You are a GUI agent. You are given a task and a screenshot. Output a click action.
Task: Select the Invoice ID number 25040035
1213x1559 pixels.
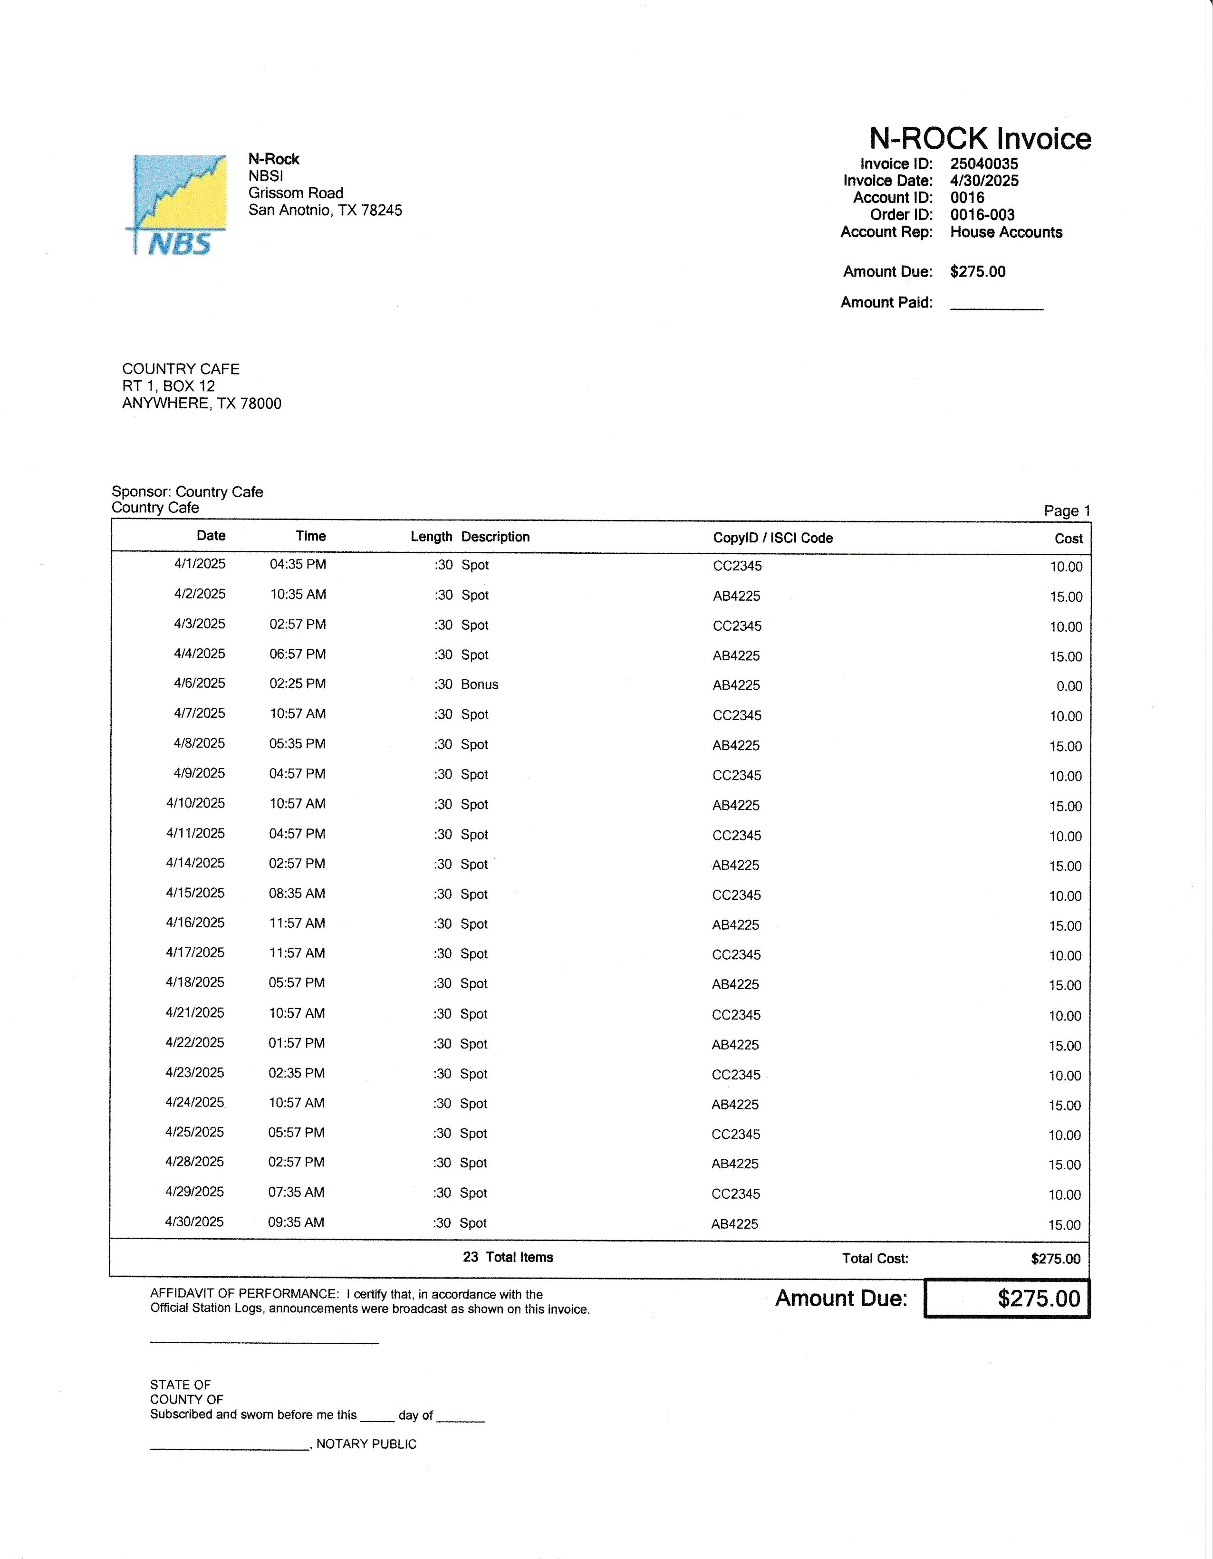point(984,164)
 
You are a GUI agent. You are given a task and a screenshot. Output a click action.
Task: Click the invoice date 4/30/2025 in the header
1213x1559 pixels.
point(984,181)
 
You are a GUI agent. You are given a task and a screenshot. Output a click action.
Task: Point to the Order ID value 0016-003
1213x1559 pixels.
point(982,215)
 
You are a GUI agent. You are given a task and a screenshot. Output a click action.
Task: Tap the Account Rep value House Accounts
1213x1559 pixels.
point(1006,232)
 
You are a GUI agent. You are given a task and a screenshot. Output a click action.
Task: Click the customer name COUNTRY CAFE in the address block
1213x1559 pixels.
point(181,369)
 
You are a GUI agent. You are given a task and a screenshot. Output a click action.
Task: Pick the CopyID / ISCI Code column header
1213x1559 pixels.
point(772,538)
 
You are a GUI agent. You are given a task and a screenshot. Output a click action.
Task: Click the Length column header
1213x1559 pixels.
point(431,537)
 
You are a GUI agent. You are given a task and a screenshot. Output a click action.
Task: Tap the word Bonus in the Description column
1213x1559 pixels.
point(479,684)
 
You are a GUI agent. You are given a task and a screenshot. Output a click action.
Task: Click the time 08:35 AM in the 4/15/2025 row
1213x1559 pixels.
point(297,894)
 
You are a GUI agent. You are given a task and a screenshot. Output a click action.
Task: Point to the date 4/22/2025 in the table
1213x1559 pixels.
point(195,1043)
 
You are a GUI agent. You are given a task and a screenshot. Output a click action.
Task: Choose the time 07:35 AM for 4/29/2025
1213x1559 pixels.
point(296,1192)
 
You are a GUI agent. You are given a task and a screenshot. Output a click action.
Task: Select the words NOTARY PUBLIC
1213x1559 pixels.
point(366,1444)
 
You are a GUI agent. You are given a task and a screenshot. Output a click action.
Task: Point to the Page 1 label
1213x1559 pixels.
point(1067,511)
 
